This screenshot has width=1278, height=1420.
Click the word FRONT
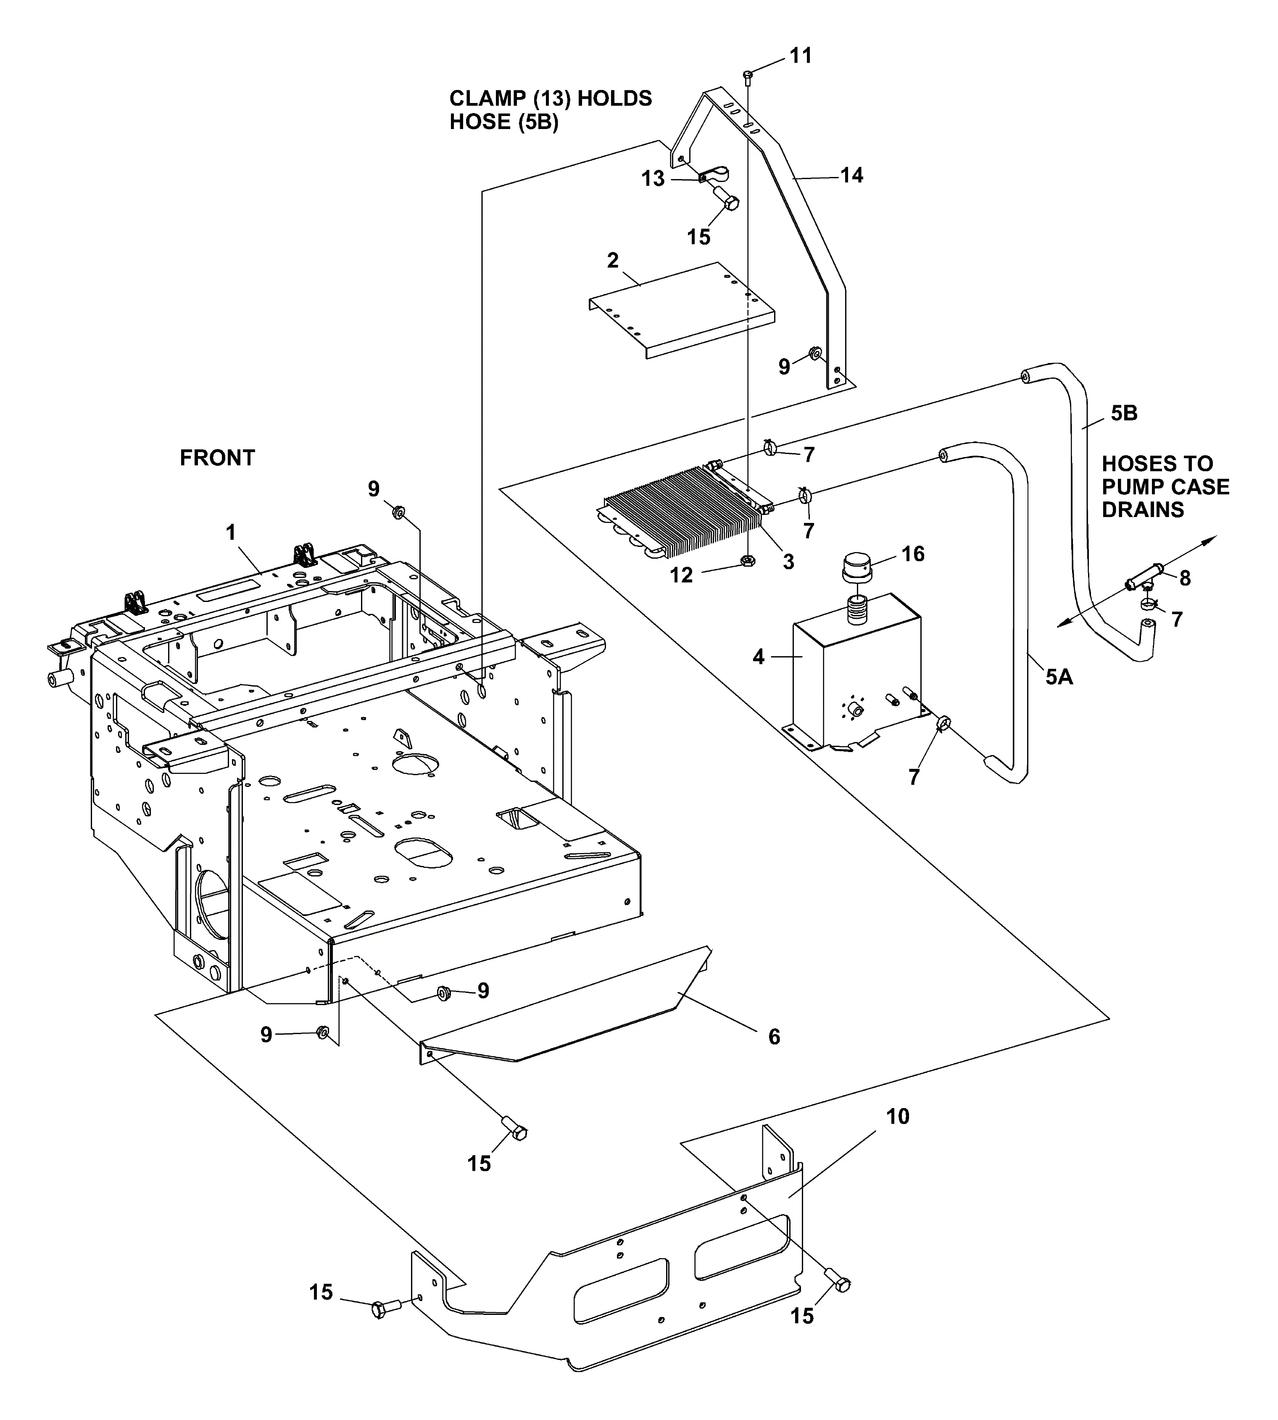(x=217, y=458)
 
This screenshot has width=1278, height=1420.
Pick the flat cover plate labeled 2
(x=681, y=309)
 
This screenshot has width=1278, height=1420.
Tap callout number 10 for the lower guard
(x=897, y=1116)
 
